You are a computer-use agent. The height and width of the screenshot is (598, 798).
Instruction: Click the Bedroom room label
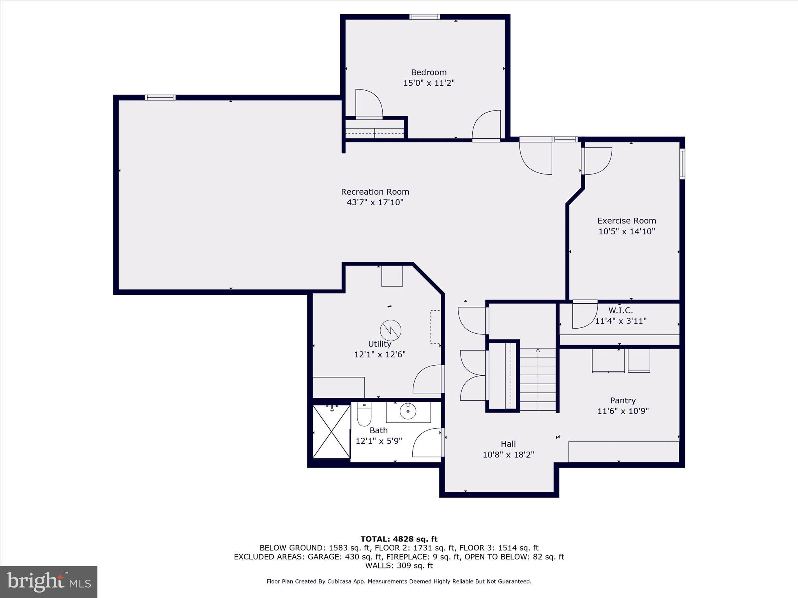[429, 72]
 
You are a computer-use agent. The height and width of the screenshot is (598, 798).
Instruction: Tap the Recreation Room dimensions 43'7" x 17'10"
[375, 202]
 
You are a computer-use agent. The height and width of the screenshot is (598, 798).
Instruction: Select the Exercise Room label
[627, 221]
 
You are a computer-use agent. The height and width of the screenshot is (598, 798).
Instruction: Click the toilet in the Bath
[364, 414]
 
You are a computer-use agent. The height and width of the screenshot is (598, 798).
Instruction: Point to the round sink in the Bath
[408, 411]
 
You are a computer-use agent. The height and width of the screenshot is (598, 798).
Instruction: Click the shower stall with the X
[331, 432]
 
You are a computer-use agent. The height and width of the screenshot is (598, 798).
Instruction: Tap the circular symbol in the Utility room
[390, 330]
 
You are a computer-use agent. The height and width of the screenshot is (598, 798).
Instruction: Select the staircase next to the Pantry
[538, 380]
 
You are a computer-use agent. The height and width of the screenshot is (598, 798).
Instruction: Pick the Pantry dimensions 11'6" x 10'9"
[623, 411]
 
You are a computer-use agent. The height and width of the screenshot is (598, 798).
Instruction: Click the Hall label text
[508, 444]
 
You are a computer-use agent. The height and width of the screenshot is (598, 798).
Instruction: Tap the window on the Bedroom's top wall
[424, 17]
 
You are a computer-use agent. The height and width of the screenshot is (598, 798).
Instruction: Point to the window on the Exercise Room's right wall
[682, 164]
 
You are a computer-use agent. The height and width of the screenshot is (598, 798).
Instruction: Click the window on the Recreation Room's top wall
[160, 98]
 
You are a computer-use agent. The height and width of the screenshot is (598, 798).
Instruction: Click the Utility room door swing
[428, 380]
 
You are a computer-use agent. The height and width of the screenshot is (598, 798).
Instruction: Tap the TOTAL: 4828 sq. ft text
[399, 539]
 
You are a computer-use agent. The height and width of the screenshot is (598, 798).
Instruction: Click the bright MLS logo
[49, 582]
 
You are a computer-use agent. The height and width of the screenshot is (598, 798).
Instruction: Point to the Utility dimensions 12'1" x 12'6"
[380, 355]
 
